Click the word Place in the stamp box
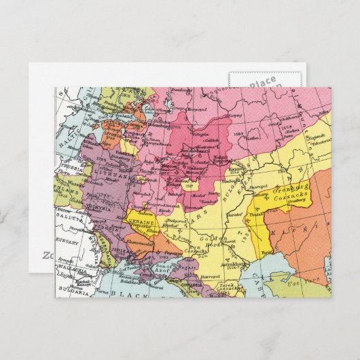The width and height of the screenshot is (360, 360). (x=263, y=84)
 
